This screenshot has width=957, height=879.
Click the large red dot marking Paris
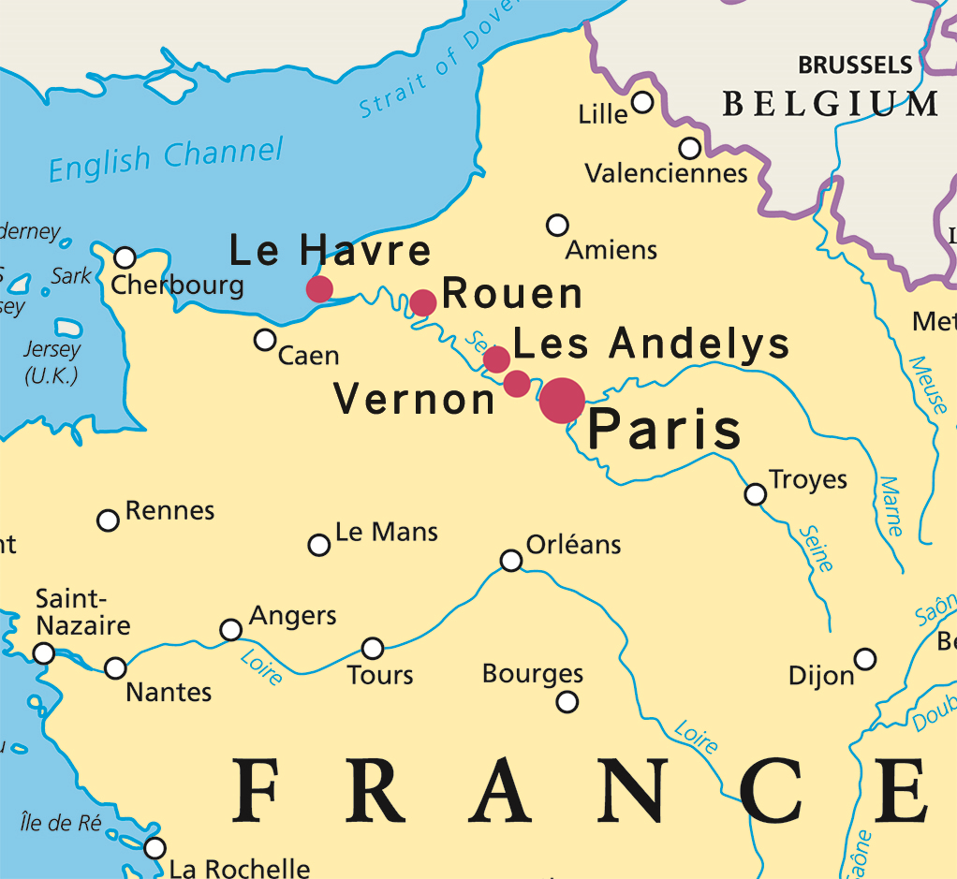coord(562,401)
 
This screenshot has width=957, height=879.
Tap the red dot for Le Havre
coord(319,288)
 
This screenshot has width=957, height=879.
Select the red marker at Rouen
coord(423,302)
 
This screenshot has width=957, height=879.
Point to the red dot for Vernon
coord(516,383)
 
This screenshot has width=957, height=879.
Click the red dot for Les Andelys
coord(496,359)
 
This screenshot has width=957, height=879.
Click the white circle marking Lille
coord(642,102)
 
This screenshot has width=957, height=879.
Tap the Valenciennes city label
coord(666,173)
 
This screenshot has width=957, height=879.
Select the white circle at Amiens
coord(557,225)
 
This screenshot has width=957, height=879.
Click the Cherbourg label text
coord(177,285)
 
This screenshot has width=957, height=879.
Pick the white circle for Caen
coord(266,339)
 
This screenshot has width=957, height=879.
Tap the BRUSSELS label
coord(854,65)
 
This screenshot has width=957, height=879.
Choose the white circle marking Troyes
coord(755,493)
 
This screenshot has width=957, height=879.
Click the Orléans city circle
coord(511,560)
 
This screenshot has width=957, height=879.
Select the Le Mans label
coord(386,533)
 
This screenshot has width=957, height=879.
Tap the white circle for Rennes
coord(109,520)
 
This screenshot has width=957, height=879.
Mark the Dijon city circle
coord(865,659)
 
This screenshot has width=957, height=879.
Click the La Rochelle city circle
coord(155,848)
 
